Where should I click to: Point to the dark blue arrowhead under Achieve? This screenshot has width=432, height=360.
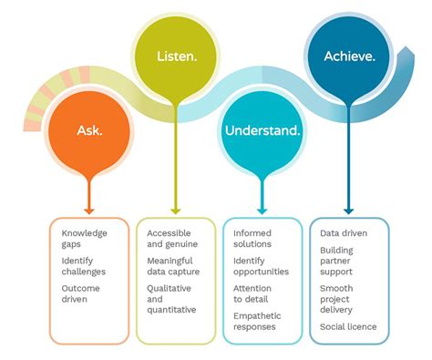[x=348, y=209]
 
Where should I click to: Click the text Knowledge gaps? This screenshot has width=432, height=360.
[x=77, y=240]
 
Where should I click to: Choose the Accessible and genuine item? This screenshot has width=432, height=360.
[x=169, y=240]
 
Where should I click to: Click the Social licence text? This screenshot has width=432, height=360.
[x=348, y=326]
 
